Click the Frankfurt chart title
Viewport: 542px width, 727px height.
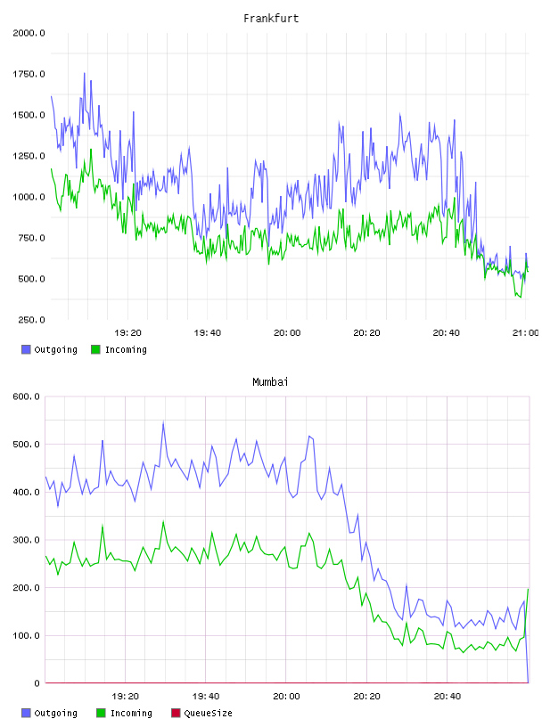pyautogui.click(x=271, y=19)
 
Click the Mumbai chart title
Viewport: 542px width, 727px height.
pyautogui.click(x=270, y=382)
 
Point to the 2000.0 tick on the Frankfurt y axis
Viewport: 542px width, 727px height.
pyautogui.click(x=29, y=33)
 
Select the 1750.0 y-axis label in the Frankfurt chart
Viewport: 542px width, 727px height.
pyautogui.click(x=29, y=74)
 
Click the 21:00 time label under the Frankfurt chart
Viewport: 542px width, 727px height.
pyautogui.click(x=526, y=333)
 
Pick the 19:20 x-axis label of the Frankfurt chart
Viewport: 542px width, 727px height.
pyautogui.click(x=127, y=333)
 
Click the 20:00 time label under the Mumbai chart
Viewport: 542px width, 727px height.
pyautogui.click(x=286, y=697)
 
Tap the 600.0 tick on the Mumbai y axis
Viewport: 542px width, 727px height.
pyautogui.click(x=26, y=396)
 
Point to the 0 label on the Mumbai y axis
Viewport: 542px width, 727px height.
pyautogui.click(x=37, y=683)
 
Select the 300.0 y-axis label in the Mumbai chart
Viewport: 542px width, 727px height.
pyautogui.click(x=26, y=540)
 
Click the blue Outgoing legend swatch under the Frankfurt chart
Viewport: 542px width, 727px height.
pyautogui.click(x=26, y=349)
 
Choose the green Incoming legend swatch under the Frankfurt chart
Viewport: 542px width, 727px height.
pyautogui.click(x=95, y=349)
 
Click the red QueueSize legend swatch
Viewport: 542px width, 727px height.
pyautogui.click(x=176, y=713)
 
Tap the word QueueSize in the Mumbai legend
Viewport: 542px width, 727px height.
pyautogui.click(x=208, y=713)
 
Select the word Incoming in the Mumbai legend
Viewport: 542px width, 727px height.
pyautogui.click(x=131, y=713)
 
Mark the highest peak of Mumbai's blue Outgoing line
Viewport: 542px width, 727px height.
pyautogui.click(x=163, y=422)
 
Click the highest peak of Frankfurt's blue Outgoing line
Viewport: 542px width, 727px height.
pyautogui.click(x=85, y=73)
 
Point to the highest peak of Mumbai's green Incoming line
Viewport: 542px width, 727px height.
pyautogui.click(x=163, y=521)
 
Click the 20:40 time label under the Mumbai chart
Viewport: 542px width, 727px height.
pyautogui.click(x=448, y=697)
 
